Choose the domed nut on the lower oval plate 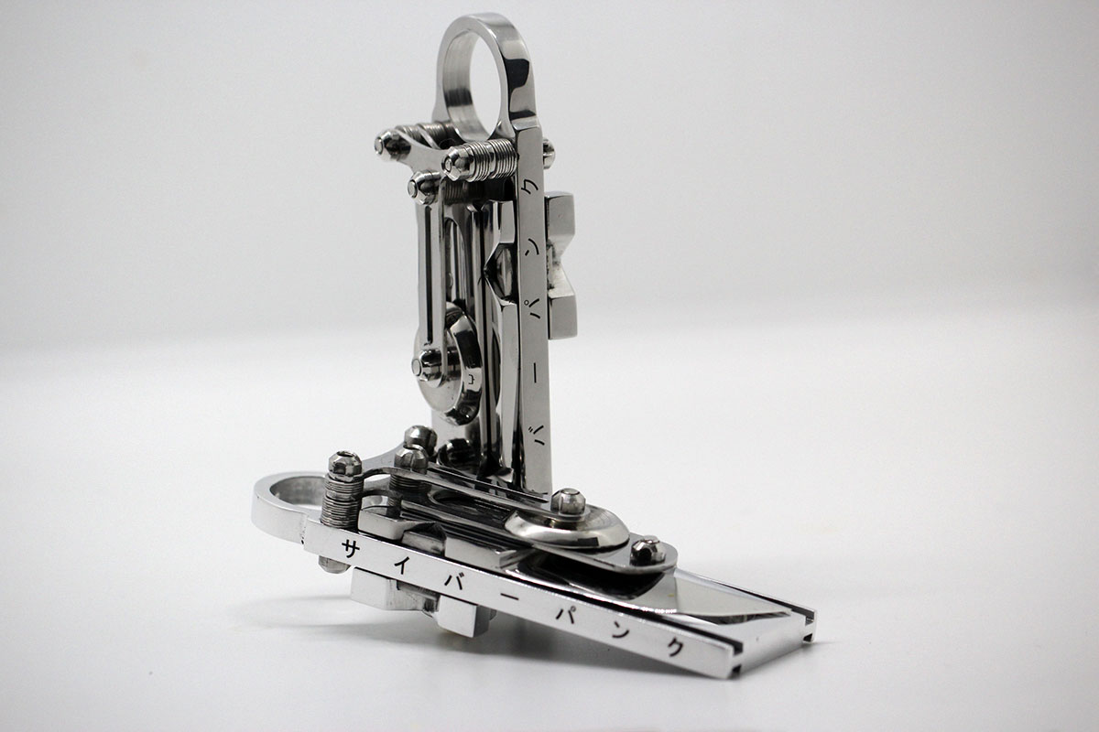click(568, 501)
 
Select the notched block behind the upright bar click(561, 265)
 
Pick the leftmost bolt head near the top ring click(390, 144)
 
